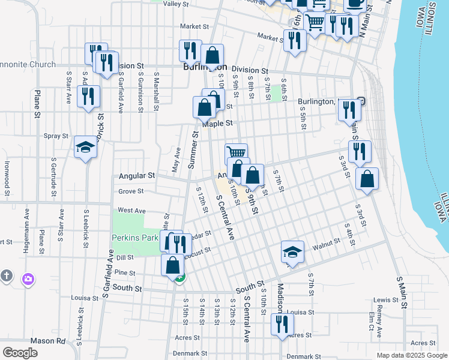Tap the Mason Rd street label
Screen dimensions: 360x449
click(x=49, y=340)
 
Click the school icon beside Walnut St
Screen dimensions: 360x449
click(x=292, y=251)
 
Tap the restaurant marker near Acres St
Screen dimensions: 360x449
click(x=280, y=324)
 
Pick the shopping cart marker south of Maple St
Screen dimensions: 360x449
click(x=236, y=154)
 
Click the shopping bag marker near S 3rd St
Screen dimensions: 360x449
click(x=367, y=179)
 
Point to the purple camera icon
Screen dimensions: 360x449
click(x=28, y=278)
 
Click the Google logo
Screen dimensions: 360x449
click(x=20, y=353)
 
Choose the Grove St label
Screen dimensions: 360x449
click(x=131, y=191)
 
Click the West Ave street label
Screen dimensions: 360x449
click(x=131, y=211)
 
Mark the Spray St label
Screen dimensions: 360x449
click(x=56, y=136)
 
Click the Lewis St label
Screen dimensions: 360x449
click(x=386, y=300)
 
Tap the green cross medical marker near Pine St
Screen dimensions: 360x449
click(x=180, y=277)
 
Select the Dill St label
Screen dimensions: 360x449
click(x=125, y=257)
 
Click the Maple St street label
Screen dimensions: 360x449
click(x=217, y=124)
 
